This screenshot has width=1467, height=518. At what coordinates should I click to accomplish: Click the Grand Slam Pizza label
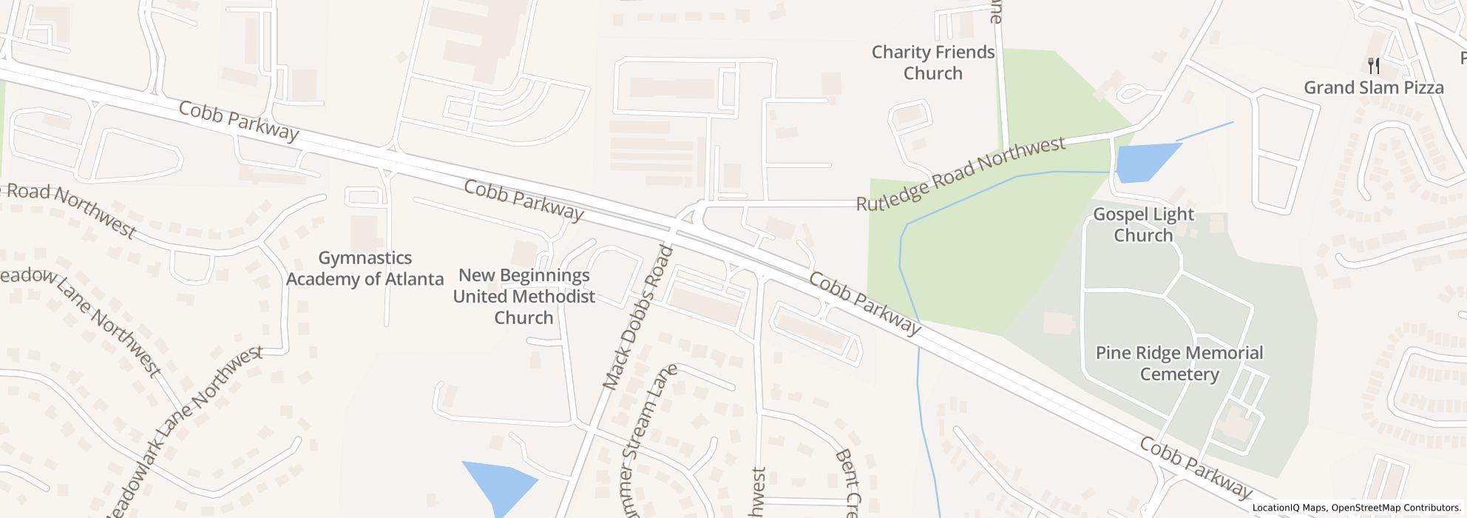1373,88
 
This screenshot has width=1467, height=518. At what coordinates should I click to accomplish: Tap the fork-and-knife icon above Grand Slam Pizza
1373,66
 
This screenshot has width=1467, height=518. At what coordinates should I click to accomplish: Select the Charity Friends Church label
932,63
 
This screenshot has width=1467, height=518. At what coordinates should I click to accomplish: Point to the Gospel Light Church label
1143,225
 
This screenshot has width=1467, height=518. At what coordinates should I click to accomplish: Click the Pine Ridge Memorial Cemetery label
1179,363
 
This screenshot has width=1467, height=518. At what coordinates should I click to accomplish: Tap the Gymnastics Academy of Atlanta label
365,269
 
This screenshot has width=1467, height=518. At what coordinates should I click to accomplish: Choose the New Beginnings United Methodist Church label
524,297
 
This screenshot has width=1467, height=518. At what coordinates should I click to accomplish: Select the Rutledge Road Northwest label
961,173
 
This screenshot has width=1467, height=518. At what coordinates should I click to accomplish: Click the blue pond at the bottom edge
500,485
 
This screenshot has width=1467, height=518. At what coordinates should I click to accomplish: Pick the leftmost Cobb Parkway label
238,121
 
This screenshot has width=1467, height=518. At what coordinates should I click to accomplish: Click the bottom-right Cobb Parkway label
1196,468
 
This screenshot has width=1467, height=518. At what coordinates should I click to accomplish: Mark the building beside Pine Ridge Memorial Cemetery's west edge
1057,323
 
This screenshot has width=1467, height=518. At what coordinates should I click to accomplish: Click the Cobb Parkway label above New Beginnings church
524,200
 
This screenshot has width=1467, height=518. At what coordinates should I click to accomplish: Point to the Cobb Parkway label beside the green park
865,303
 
